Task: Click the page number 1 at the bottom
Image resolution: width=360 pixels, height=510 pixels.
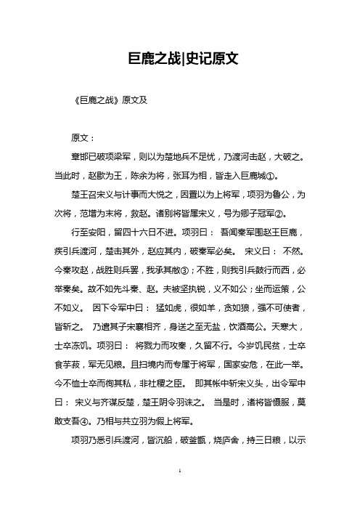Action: point(179,492)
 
